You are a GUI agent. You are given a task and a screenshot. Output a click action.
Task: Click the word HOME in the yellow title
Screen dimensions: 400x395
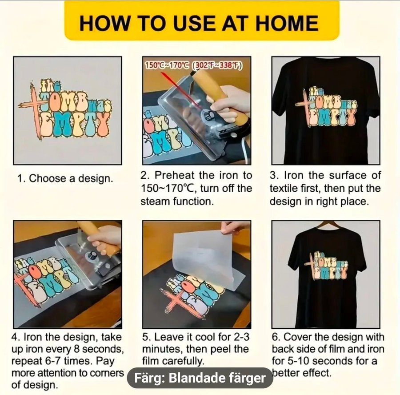pyautogui.click(x=287, y=24)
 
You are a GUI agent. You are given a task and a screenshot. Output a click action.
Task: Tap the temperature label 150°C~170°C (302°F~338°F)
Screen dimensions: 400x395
pyautogui.click(x=193, y=65)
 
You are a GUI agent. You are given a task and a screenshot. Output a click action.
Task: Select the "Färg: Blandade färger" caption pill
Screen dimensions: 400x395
pyautogui.click(x=200, y=378)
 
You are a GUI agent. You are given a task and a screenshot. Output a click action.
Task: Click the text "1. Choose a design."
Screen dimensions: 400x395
pyautogui.click(x=65, y=178)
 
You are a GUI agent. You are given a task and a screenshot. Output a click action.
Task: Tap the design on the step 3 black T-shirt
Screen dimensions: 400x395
pyautogui.click(x=326, y=107)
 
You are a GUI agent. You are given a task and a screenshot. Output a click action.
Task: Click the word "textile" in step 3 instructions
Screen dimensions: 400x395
pyautogui.click(x=284, y=189)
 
